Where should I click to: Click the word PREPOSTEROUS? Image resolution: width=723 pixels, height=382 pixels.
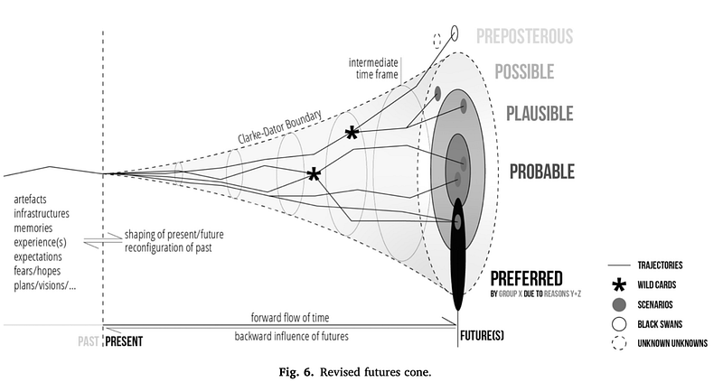(x=524, y=36)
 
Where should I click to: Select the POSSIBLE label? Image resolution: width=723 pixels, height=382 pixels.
(x=524, y=72)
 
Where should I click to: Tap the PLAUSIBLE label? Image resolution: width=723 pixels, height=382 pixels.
(x=540, y=114)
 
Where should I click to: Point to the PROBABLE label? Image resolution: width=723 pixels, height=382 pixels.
(x=541, y=172)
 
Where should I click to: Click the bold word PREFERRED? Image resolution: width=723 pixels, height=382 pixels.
(x=526, y=279)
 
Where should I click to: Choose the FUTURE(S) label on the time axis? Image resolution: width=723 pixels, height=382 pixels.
(x=482, y=335)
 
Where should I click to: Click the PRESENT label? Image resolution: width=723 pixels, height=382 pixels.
(x=124, y=341)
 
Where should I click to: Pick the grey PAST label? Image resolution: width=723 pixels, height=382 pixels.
(x=88, y=341)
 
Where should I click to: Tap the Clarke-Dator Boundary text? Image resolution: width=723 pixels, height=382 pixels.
(x=280, y=127)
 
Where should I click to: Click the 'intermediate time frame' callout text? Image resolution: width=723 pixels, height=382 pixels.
(x=373, y=69)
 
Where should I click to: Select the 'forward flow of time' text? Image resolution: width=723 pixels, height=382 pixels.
(x=290, y=318)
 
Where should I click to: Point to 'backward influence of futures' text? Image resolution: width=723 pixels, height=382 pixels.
(x=291, y=336)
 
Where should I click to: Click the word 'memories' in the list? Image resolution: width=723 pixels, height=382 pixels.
(x=33, y=228)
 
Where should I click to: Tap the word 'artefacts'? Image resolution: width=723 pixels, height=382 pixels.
(x=30, y=200)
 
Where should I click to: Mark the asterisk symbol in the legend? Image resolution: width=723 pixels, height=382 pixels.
(x=619, y=285)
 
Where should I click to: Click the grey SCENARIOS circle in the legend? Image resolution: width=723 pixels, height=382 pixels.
(x=619, y=304)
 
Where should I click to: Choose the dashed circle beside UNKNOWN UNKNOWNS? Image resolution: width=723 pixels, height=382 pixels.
(x=619, y=343)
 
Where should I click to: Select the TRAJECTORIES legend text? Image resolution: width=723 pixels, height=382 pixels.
(x=660, y=265)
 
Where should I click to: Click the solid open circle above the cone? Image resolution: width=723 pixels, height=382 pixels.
(x=455, y=33)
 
